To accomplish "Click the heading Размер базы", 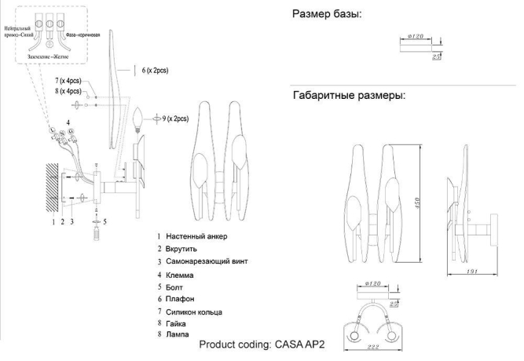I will tap(327, 14).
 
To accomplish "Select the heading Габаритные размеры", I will tap(349, 96).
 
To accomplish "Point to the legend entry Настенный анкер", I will tap(199, 235).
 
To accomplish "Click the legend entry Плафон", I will tap(181, 299).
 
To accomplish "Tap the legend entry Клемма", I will tap(184, 276).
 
